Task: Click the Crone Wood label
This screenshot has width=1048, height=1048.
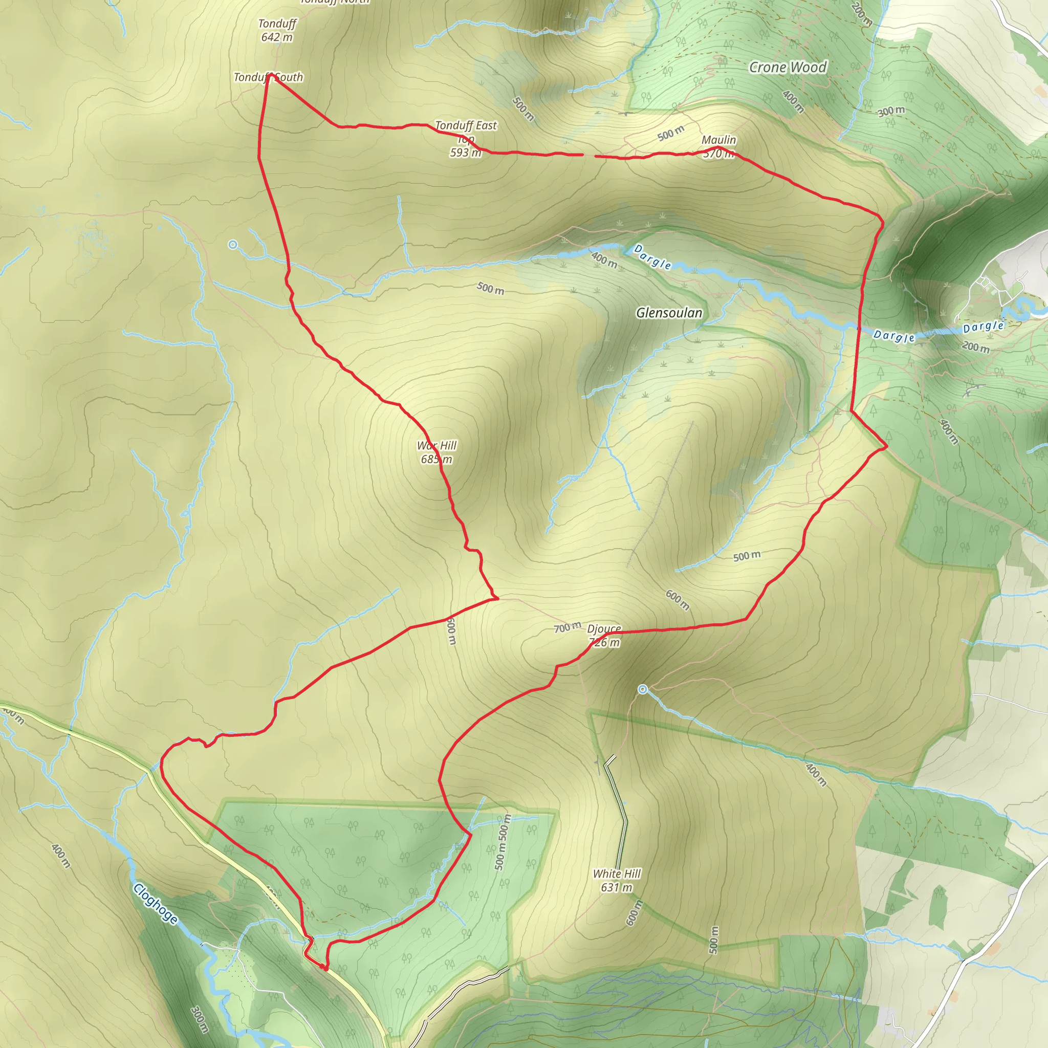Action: pos(788,67)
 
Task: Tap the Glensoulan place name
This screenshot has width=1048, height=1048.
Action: pos(669,313)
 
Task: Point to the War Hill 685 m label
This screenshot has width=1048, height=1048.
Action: pos(436,452)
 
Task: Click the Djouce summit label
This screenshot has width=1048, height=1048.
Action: pos(604,635)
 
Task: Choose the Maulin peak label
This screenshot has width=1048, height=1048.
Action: pos(719,146)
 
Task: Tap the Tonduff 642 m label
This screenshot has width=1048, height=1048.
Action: pos(277,30)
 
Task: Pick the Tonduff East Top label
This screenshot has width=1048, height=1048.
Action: pos(466,138)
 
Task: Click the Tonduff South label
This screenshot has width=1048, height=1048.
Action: pos(268,77)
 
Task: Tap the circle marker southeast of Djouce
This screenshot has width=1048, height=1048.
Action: pos(643,689)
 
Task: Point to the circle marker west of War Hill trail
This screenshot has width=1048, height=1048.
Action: pos(233,245)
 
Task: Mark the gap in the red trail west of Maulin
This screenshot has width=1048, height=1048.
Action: pos(589,156)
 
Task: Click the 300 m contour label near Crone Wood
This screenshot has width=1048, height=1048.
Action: pos(891,111)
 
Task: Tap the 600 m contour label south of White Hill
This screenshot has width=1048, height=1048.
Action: pos(634,912)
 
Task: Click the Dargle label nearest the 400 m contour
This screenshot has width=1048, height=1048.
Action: pos(652,256)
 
